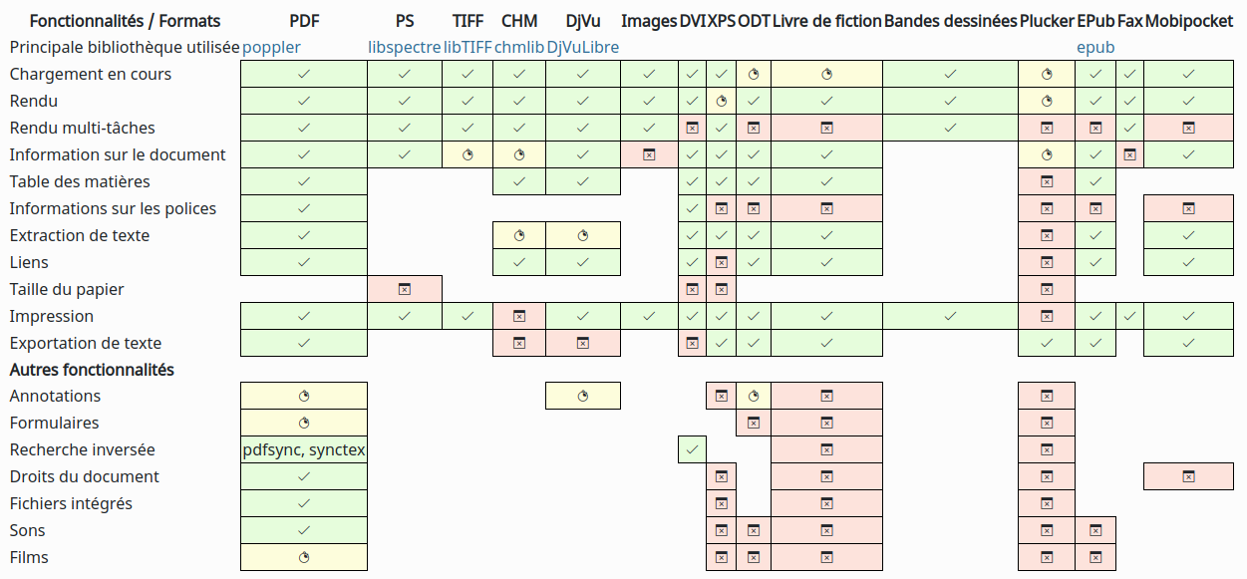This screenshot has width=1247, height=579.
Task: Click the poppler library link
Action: [271, 47]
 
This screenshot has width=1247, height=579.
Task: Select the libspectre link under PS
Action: [404, 47]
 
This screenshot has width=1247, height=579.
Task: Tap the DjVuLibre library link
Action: [582, 47]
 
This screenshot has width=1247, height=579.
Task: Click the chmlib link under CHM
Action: [518, 47]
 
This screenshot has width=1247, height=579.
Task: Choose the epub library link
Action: [1095, 47]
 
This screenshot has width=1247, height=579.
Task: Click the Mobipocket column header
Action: [1189, 21]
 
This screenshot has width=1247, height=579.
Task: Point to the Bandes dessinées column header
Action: [950, 21]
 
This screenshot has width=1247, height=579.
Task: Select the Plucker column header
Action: [1047, 21]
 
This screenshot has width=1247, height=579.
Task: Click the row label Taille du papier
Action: [67, 289]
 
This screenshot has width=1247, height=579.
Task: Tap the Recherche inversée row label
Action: [82, 449]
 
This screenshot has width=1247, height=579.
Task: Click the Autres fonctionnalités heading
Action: [92, 370]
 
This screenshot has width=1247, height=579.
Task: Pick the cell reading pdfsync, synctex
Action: [304, 449]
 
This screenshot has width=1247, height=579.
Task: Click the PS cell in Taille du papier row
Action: [405, 289]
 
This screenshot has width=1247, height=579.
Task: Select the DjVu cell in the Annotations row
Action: [583, 396]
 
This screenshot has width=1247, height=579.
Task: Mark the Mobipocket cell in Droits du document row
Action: [1189, 476]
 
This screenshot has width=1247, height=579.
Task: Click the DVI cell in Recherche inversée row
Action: [692, 449]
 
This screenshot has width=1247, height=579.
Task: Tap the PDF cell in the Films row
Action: [304, 557]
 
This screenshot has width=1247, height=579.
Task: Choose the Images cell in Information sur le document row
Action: [649, 154]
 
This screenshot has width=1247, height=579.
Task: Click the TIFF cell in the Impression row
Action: [468, 316]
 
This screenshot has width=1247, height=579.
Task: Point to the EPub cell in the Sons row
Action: [1095, 530]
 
